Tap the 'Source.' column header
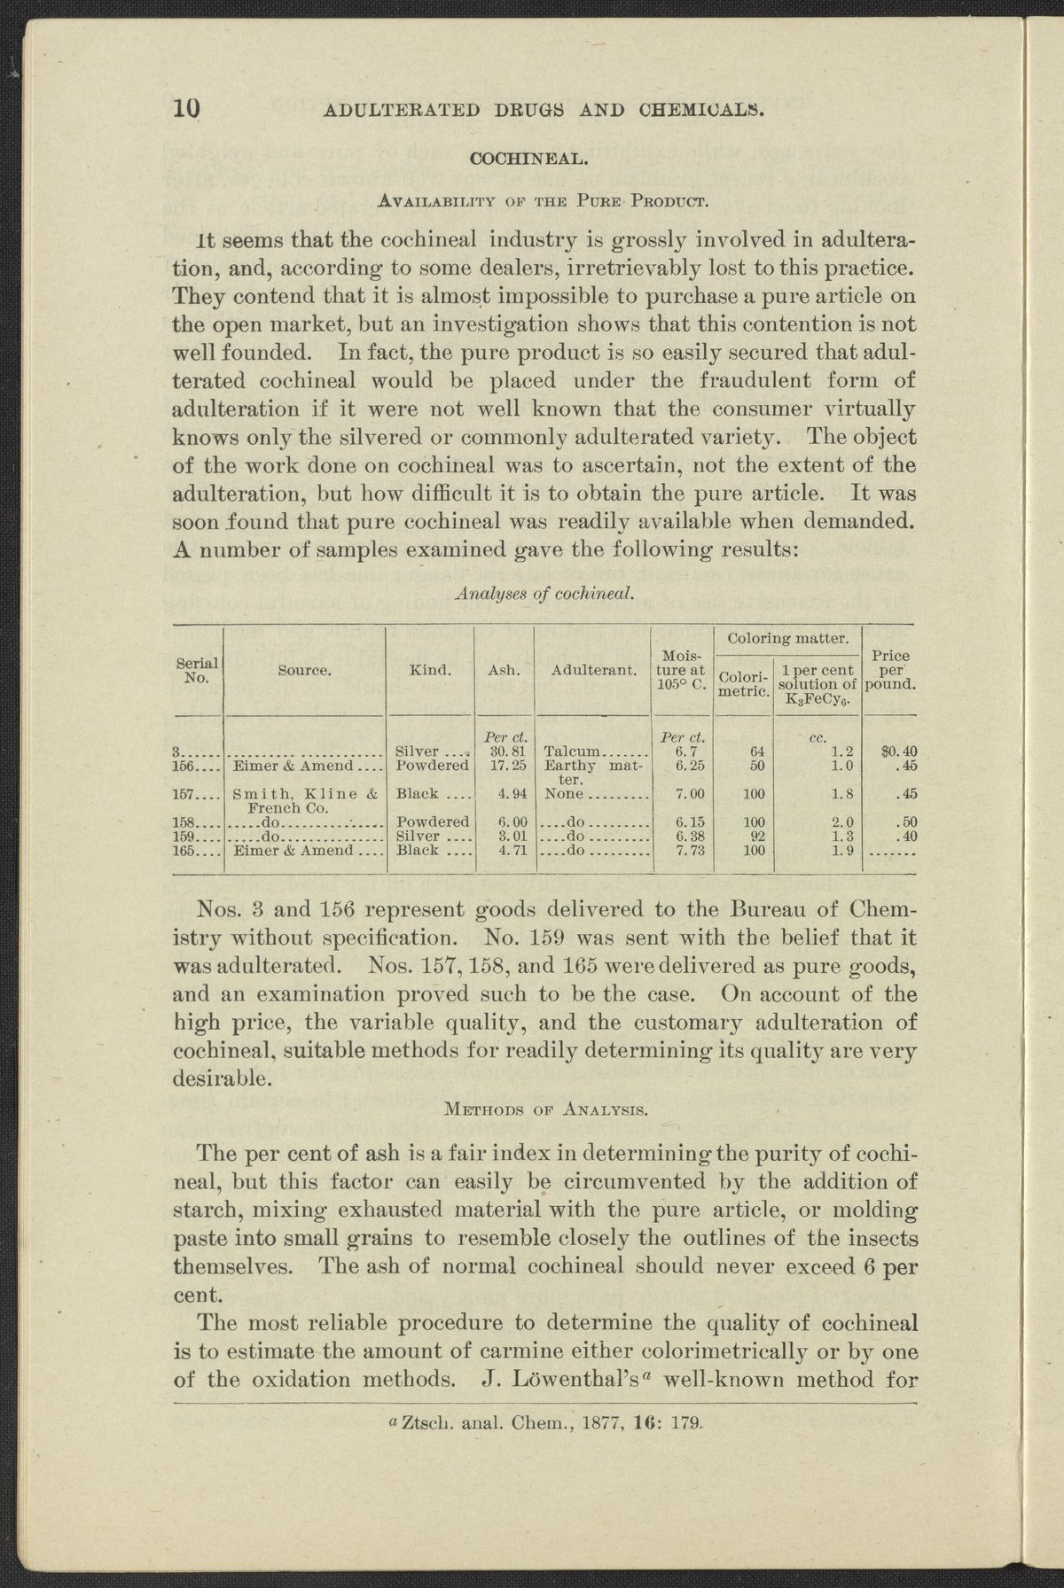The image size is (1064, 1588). (x=304, y=671)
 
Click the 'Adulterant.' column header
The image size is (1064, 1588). (x=593, y=671)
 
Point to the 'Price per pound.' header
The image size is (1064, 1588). (x=890, y=671)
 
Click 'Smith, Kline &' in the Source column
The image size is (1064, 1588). (x=306, y=794)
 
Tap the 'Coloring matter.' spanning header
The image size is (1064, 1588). (x=787, y=637)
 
